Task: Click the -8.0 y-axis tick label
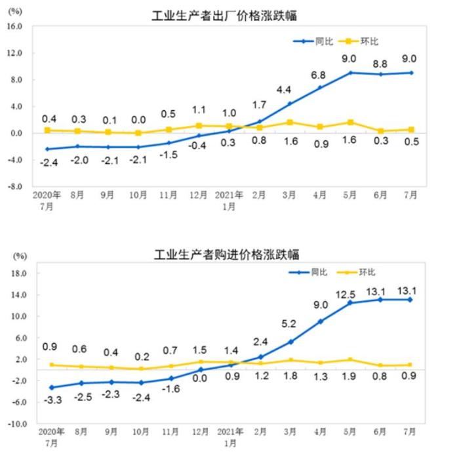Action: click(x=14, y=186)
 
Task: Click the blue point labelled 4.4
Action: click(x=289, y=103)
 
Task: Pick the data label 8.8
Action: click(x=380, y=64)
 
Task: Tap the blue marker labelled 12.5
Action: click(x=350, y=302)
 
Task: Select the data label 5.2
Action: click(x=289, y=323)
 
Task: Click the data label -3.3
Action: click(x=52, y=400)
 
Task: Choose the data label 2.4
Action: click(x=260, y=342)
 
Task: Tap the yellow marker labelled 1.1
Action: click(x=199, y=125)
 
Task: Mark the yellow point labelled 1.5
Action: click(x=199, y=361)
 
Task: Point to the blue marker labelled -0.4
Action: click(x=199, y=135)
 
